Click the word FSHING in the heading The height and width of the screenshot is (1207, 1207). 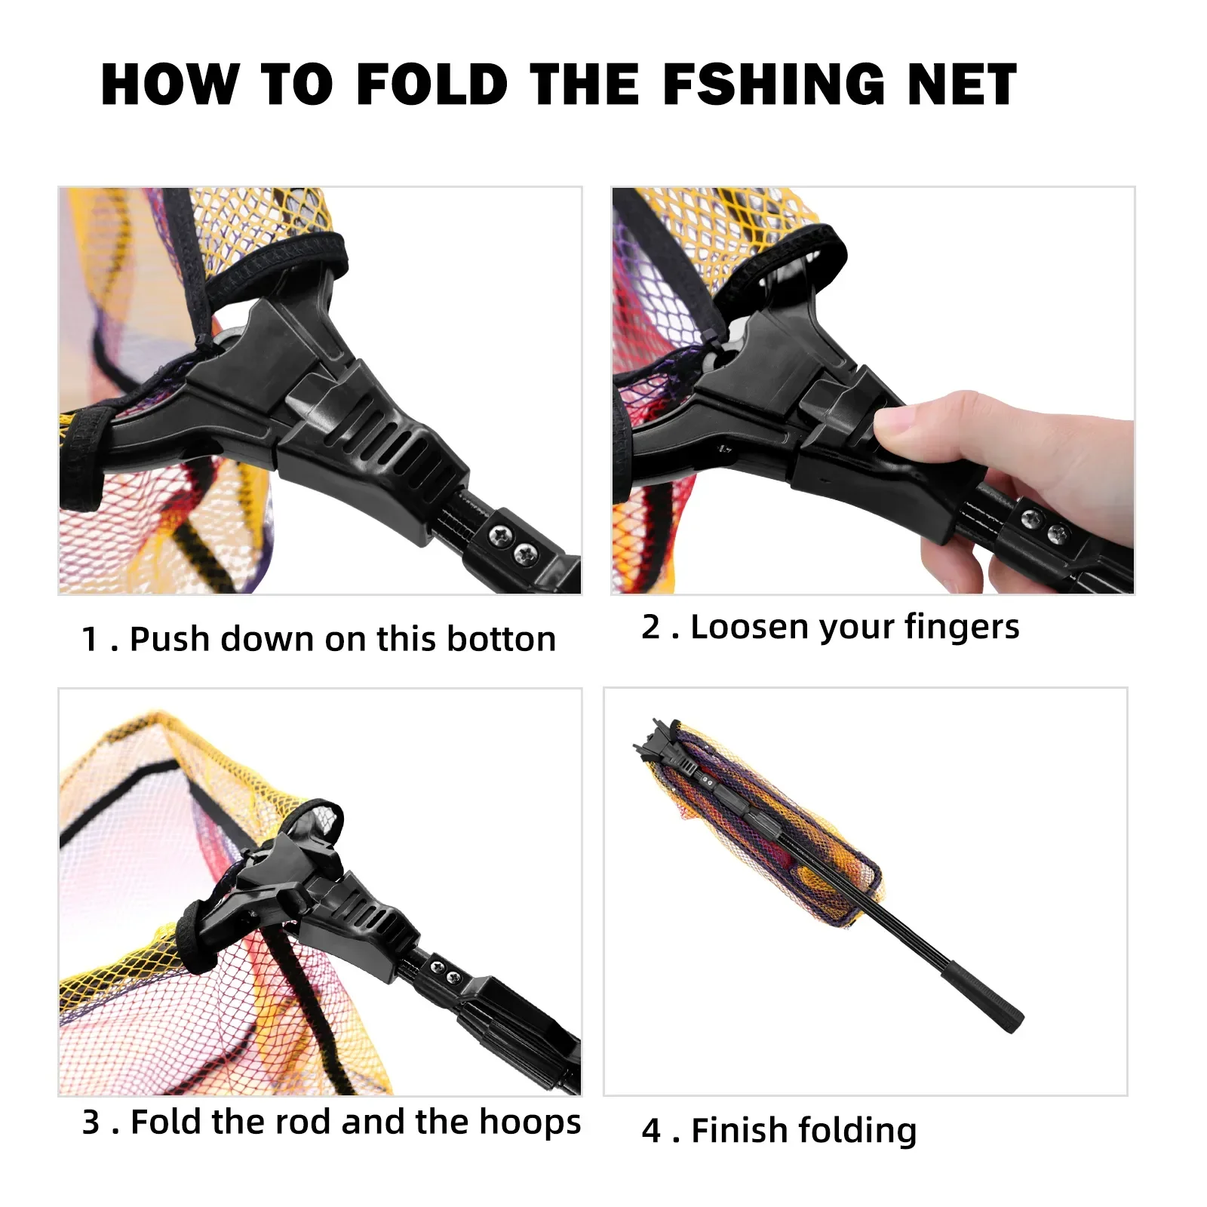(774, 84)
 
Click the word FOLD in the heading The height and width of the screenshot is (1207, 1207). (432, 84)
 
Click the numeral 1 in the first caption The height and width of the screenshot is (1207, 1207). (90, 640)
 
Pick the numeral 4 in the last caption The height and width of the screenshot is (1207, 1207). (651, 1131)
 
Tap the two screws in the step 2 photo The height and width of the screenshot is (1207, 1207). (1046, 526)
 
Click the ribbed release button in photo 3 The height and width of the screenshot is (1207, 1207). (370, 917)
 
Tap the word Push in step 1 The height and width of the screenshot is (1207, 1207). (169, 639)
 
